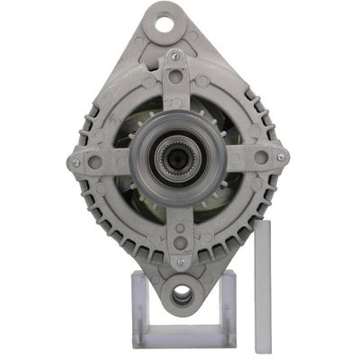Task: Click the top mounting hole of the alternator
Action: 165,24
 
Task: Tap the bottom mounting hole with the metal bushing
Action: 181,293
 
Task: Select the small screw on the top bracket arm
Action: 175,57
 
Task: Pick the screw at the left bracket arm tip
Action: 76,163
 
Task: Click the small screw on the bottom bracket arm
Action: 181,262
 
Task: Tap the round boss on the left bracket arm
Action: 96,163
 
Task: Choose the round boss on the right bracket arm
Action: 260,157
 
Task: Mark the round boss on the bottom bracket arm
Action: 180,241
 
